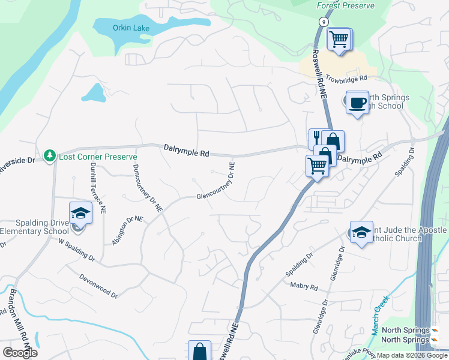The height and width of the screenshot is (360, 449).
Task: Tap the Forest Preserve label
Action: pos(345,5)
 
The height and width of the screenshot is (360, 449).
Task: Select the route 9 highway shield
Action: pos(324,22)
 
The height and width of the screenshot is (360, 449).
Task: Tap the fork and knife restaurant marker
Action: pos(316,139)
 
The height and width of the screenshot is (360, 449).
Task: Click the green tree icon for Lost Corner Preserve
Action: pos(50,156)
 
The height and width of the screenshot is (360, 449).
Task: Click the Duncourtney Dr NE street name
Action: pos(147,188)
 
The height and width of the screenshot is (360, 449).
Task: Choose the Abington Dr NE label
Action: pos(127,230)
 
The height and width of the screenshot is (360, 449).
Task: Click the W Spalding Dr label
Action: pos(76,250)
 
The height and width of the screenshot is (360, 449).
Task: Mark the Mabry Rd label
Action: pos(303,287)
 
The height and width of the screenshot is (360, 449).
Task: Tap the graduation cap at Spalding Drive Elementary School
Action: pos(79,213)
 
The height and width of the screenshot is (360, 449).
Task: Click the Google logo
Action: pos(20,353)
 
